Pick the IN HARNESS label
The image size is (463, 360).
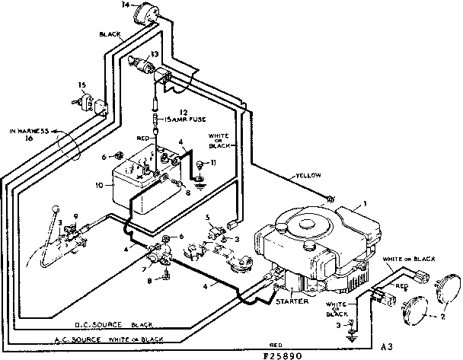point(30,132)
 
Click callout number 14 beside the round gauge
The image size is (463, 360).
point(125,5)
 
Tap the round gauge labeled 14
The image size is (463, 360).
point(142,14)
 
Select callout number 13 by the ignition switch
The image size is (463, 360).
point(154,53)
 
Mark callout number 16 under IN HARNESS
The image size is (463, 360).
point(30,140)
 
